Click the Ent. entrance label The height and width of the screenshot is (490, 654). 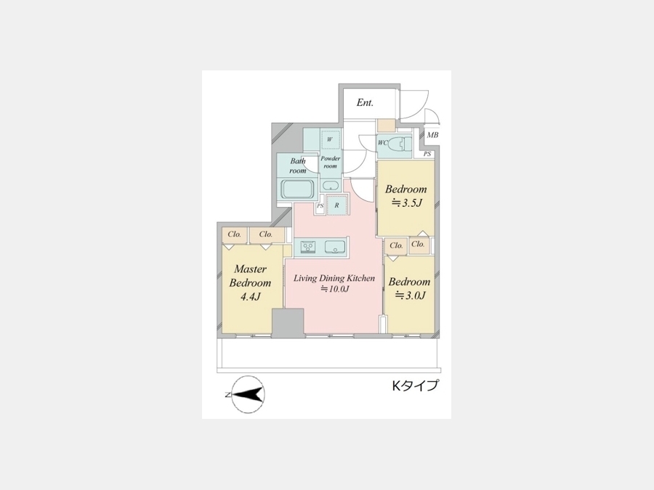365,102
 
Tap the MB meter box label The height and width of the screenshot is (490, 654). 432,135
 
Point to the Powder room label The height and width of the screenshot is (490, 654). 331,162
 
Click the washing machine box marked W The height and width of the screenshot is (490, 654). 330,139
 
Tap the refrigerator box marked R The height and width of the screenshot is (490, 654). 336,205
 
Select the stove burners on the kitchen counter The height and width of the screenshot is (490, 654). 308,247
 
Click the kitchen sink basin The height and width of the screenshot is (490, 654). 334,247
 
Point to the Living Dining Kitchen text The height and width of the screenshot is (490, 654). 334,278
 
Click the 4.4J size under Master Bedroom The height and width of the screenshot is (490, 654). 250,297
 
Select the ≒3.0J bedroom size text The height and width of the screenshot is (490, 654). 410,295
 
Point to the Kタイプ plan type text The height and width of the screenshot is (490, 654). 415,385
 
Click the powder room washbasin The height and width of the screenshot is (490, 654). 331,186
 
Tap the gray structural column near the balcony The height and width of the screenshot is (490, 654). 288,323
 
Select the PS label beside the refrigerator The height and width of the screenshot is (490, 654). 320,206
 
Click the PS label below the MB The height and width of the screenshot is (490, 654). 427,154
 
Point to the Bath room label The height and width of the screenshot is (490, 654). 298,166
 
